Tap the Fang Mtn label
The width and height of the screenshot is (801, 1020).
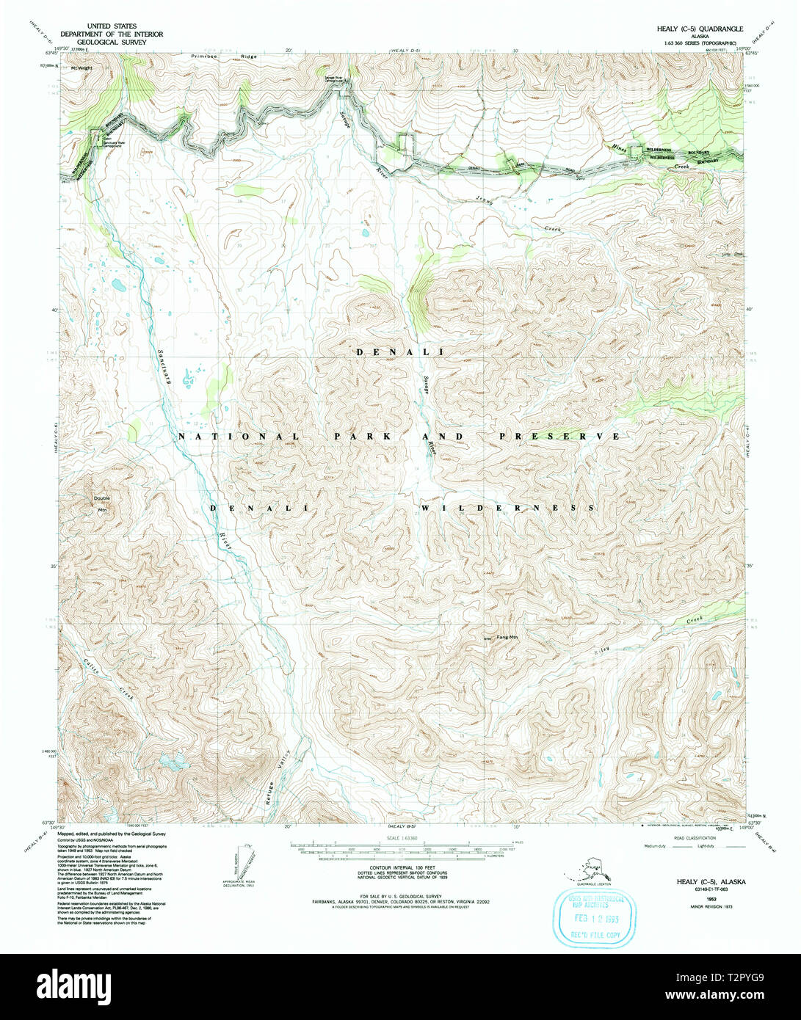tap(507, 637)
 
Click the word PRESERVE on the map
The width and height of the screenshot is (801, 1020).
tap(559, 436)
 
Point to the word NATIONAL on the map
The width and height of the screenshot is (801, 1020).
tap(239, 436)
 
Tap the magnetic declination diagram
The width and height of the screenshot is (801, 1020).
tap(239, 863)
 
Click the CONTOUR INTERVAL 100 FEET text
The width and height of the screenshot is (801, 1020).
tap(400, 867)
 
